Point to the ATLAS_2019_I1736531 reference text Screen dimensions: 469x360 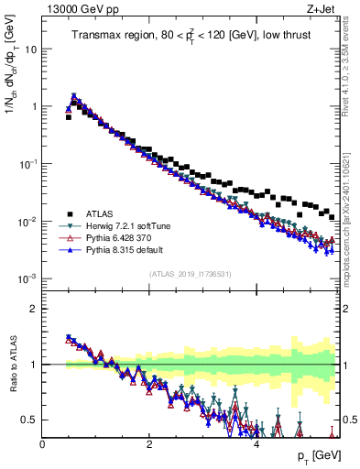pyautogui.click(x=190, y=273)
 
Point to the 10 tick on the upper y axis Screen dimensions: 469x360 pyautogui.click(x=30, y=49)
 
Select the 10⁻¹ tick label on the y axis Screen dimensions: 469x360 pyautogui.click(x=27, y=163)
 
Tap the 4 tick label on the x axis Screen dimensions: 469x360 pyautogui.click(x=256, y=443)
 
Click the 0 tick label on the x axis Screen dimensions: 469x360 pyautogui.click(x=43, y=443)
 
